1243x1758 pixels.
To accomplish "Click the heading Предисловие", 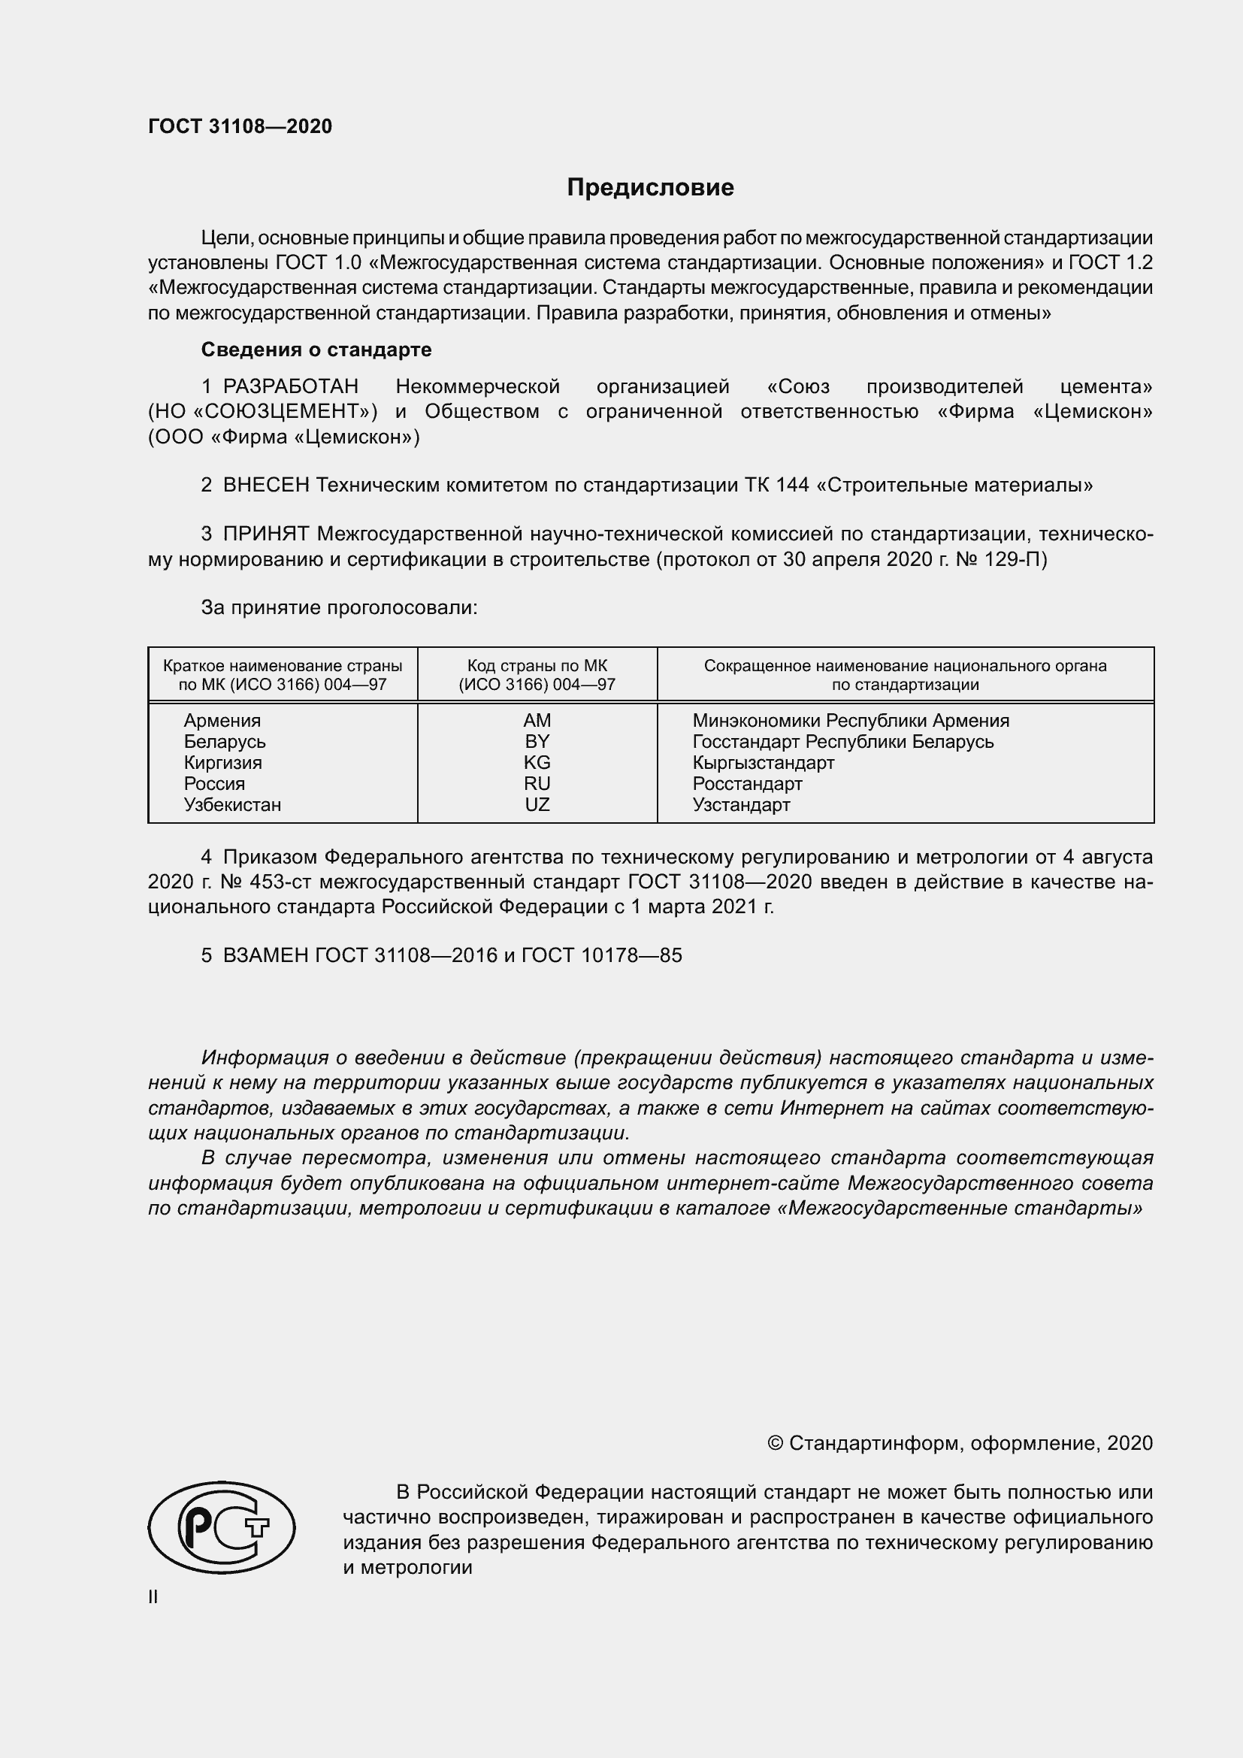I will point(650,188).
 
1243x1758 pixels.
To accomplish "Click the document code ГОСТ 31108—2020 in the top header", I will point(240,127).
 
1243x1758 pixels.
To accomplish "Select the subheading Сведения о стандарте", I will point(316,350).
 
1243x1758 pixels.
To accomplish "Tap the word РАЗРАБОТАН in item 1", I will point(290,386).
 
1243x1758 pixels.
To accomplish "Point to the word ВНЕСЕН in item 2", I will point(265,486).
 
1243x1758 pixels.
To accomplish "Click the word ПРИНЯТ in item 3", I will point(265,534).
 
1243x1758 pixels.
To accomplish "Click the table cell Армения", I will point(222,721).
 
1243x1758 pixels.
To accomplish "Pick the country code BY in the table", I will point(537,741).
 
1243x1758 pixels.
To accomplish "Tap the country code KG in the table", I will point(537,763).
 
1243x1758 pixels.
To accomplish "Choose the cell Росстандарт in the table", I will point(747,784).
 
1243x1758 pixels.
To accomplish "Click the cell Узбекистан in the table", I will point(232,805).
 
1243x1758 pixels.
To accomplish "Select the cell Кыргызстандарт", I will point(763,763).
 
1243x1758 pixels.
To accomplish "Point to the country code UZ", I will point(537,805).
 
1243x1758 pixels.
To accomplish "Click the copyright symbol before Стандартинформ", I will point(775,1443).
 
